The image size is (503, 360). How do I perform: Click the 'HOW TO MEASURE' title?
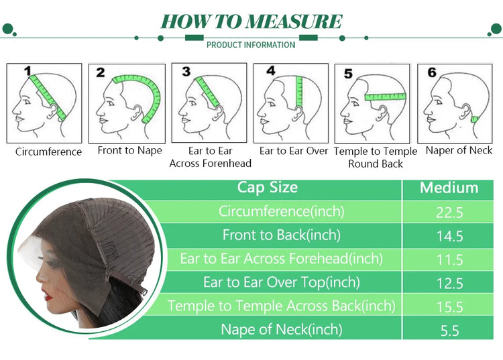pyautogui.click(x=251, y=21)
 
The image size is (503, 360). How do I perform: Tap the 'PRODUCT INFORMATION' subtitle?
pyautogui.click(x=251, y=45)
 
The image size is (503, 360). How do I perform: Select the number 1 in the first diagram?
pyautogui.click(x=28, y=70)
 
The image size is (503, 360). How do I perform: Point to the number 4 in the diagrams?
pyautogui.click(x=271, y=70)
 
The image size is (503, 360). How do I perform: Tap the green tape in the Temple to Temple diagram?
pyautogui.click(x=385, y=97)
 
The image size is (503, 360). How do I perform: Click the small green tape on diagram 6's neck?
pyautogui.click(x=474, y=119)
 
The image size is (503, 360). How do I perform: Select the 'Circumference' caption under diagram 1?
pyautogui.click(x=48, y=152)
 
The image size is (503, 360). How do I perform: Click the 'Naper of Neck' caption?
pyautogui.click(x=459, y=150)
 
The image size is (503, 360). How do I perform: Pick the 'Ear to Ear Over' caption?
pyautogui.click(x=294, y=151)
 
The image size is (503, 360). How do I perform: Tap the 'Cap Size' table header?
pyautogui.click(x=268, y=188)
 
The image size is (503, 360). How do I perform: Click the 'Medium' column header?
pyautogui.click(x=449, y=188)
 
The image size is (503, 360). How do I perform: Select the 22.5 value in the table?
pyautogui.click(x=449, y=213)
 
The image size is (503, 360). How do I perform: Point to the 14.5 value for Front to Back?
pyautogui.click(x=450, y=236)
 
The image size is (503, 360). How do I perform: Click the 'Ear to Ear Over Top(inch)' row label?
pyautogui.click(x=281, y=282)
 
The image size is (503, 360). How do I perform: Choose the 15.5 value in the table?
pyautogui.click(x=450, y=307)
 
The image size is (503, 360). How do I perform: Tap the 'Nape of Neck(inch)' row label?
pyautogui.click(x=281, y=330)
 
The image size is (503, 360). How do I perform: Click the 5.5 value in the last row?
pyautogui.click(x=450, y=331)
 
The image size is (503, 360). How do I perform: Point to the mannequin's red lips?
pyautogui.click(x=48, y=296)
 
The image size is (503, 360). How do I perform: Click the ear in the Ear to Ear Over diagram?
pyautogui.click(x=298, y=113)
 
